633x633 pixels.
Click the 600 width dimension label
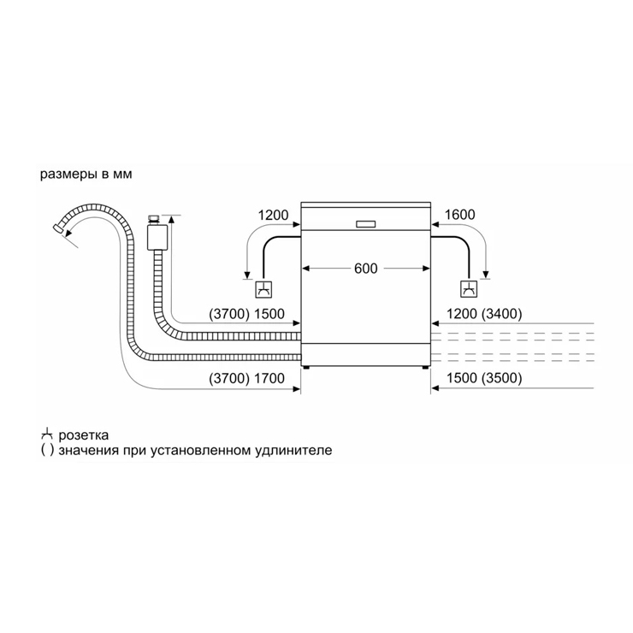366,269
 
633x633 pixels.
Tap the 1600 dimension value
460,215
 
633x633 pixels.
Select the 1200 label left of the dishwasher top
274,216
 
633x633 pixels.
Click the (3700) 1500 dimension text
246,314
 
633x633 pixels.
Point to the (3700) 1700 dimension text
246,378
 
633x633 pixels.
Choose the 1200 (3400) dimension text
484,314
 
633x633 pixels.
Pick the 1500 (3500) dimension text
484,378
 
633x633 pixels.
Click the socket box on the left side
263,289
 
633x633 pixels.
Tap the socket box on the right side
469,289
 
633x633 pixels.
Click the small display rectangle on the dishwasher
366,224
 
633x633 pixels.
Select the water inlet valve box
157,238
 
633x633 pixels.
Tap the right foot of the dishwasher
425,367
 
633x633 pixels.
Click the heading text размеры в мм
86,175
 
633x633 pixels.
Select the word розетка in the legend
84,435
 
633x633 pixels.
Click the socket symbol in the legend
47,435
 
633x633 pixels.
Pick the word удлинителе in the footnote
293,450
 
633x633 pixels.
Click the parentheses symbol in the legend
47,450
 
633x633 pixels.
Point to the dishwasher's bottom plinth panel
366,355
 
